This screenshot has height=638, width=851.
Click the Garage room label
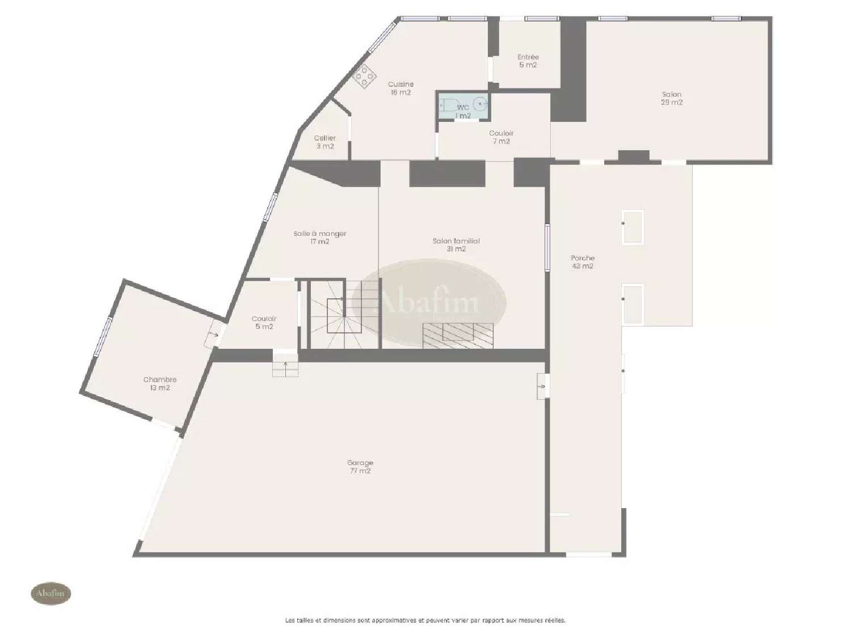point(360,467)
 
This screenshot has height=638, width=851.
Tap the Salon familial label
point(456,245)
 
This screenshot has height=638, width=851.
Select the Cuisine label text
point(401,88)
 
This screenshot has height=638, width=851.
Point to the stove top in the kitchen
point(364,76)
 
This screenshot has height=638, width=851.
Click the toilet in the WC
point(448,105)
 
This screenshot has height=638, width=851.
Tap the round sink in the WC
point(481,104)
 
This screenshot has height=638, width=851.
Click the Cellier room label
point(325,142)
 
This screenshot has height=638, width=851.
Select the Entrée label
point(528,61)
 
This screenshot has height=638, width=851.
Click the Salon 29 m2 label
point(672,98)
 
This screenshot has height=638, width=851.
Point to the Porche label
point(583,262)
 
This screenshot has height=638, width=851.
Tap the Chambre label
point(160,383)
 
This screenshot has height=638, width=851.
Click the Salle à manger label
point(320,237)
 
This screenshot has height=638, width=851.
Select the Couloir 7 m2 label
point(502,137)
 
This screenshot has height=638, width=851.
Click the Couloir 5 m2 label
point(264,323)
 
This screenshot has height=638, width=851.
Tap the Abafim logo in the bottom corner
point(50,594)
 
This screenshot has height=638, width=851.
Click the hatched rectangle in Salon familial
point(458,335)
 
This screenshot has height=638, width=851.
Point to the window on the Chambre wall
point(103,337)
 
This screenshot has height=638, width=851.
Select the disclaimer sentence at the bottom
point(425,620)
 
